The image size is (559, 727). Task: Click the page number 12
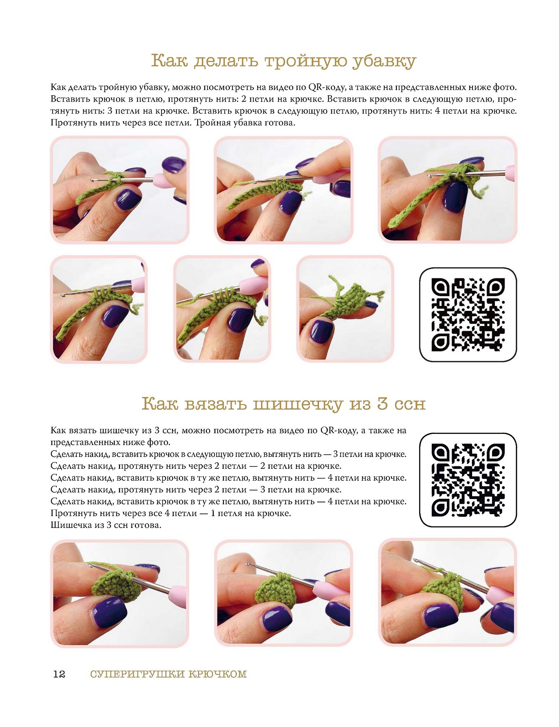(59, 674)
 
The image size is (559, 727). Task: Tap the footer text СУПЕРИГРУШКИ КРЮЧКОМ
(168, 674)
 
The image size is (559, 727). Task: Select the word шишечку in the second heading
(297, 404)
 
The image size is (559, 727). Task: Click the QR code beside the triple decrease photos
(468, 314)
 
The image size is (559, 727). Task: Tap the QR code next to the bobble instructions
(468, 480)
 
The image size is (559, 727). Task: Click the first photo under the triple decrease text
(120, 190)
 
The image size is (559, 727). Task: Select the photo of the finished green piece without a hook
(345, 309)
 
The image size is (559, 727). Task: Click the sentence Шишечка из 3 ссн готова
(106, 525)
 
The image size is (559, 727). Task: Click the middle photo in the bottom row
(284, 593)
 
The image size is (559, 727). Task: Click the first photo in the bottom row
(120, 593)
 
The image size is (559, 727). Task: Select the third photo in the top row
(448, 190)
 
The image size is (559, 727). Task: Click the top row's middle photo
(284, 190)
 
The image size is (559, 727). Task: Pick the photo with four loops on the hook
(222, 309)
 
